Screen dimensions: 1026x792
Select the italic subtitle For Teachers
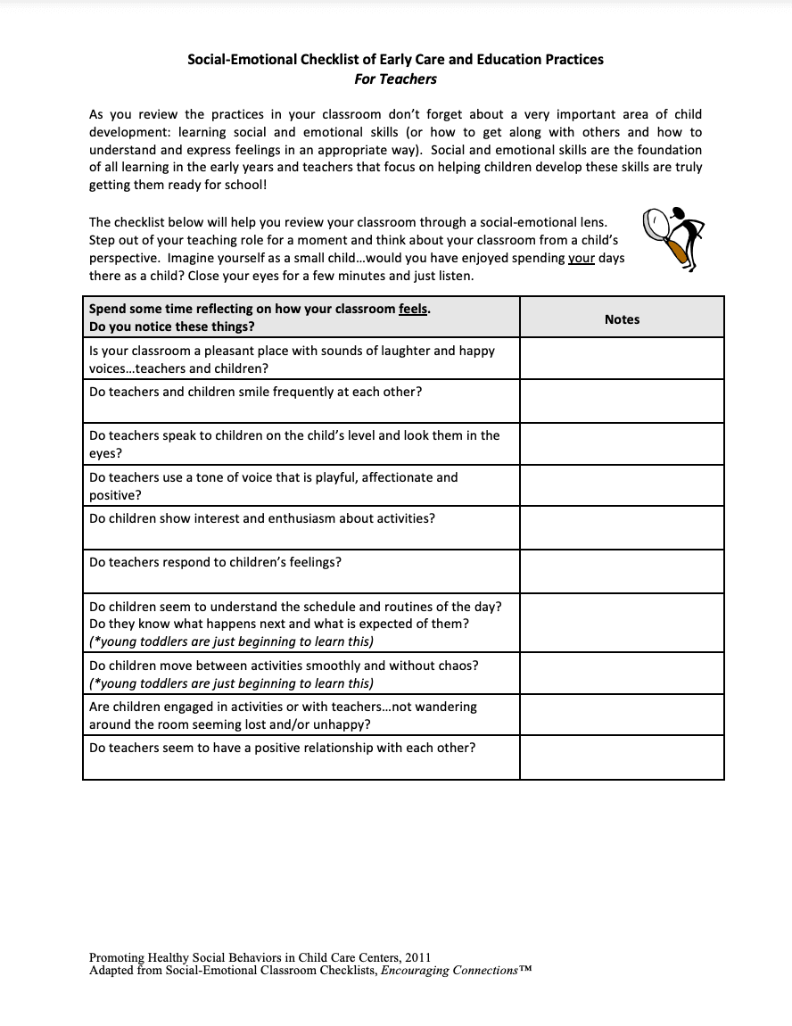tap(395, 79)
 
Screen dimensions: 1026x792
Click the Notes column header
tap(622, 319)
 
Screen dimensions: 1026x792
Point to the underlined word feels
tap(415, 310)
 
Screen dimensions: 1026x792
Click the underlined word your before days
tap(582, 259)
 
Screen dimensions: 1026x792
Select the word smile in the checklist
tap(255, 393)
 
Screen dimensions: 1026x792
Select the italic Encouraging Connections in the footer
tap(449, 970)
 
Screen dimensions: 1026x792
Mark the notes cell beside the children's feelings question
tap(622, 571)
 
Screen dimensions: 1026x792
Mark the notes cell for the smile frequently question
tap(622, 401)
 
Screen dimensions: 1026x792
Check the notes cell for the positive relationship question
tap(622, 757)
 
